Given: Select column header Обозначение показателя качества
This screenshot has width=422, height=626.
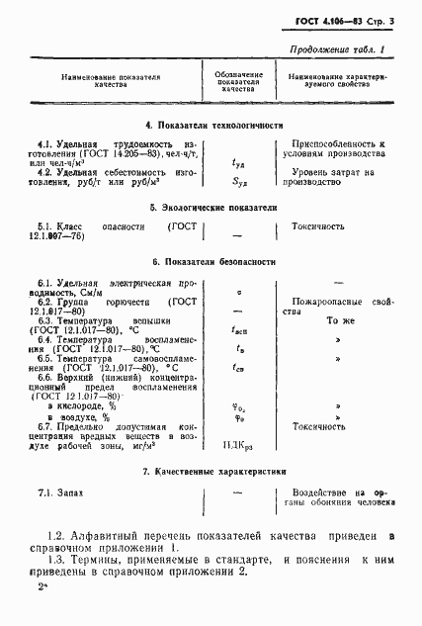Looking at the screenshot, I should click(x=237, y=81).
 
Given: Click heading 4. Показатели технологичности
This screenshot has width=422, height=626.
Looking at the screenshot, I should click(x=213, y=126).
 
